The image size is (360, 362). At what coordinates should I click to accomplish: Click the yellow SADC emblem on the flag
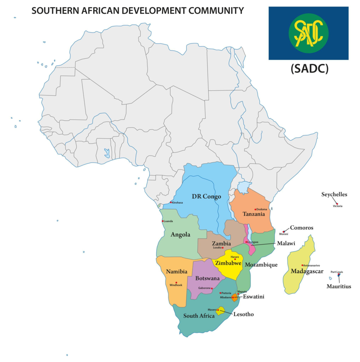tap(308, 33)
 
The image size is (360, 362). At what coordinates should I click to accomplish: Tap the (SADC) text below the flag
tap(309, 68)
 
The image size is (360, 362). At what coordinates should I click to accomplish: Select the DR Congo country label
tap(206, 196)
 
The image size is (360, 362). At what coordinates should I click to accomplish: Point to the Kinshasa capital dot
tap(171, 202)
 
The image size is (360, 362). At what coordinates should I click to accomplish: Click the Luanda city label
tap(168, 221)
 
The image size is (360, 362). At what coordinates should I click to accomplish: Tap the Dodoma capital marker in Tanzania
tap(255, 209)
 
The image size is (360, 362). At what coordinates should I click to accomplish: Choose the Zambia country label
tap(221, 243)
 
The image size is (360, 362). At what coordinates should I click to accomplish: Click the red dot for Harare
tap(235, 259)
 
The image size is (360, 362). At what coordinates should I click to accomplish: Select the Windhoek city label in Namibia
tap(176, 285)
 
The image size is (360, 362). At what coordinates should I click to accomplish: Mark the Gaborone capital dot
tap(212, 288)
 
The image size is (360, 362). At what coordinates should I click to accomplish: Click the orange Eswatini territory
tap(234, 297)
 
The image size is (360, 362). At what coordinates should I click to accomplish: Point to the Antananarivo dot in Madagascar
tap(302, 265)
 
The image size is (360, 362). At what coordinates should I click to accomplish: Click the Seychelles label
tap(334, 194)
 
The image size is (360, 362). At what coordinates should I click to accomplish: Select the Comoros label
tap(301, 228)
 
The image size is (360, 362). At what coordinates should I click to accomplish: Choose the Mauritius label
tap(338, 286)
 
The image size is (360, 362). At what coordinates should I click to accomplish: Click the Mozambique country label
tap(261, 264)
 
